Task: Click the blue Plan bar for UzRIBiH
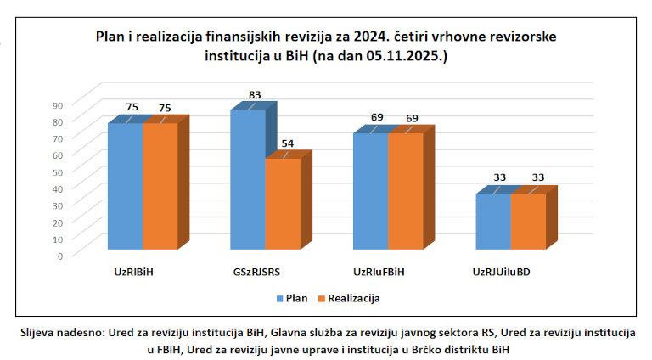pos(125,187)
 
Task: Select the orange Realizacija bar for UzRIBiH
pos(160,187)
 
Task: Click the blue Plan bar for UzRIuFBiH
pos(371,192)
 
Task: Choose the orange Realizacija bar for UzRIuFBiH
pos(406,192)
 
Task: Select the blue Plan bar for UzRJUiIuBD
pos(493,222)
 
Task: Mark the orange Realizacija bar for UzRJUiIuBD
pos(528,222)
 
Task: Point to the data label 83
pos(255,95)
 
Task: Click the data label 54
pos(288,143)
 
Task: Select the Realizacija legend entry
pos(348,299)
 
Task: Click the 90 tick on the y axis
pos(57,105)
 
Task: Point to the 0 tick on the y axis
pos(60,255)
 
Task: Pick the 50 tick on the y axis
pos(57,172)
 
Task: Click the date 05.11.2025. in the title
pos(407,56)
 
